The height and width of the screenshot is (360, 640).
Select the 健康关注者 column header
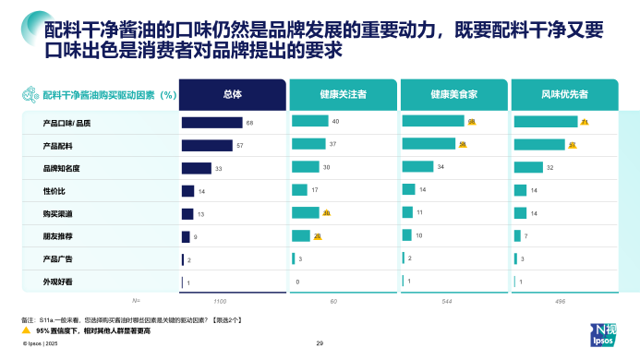pyautogui.click(x=343, y=94)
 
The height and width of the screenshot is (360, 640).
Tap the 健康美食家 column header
pyautogui.click(x=453, y=94)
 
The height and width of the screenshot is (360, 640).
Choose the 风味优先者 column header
pyautogui.click(x=564, y=94)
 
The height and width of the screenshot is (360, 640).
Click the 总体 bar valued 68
pyautogui.click(x=211, y=122)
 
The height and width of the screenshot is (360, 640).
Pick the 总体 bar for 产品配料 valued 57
pyautogui.click(x=207, y=145)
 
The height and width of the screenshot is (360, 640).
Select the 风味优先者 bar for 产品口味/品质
pyautogui.click(x=545, y=122)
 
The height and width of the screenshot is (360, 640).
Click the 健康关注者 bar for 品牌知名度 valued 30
pyautogui.click(x=305, y=167)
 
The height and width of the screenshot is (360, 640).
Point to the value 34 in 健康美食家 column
pyautogui.click(x=441, y=167)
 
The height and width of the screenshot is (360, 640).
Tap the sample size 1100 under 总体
pyautogui.click(x=220, y=301)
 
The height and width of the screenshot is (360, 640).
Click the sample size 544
pyautogui.click(x=422, y=301)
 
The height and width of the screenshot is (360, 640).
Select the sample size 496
pyautogui.click(x=533, y=301)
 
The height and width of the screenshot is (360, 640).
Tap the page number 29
pyautogui.click(x=320, y=343)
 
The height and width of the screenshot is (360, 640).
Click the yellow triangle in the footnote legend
pyautogui.click(x=27, y=330)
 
